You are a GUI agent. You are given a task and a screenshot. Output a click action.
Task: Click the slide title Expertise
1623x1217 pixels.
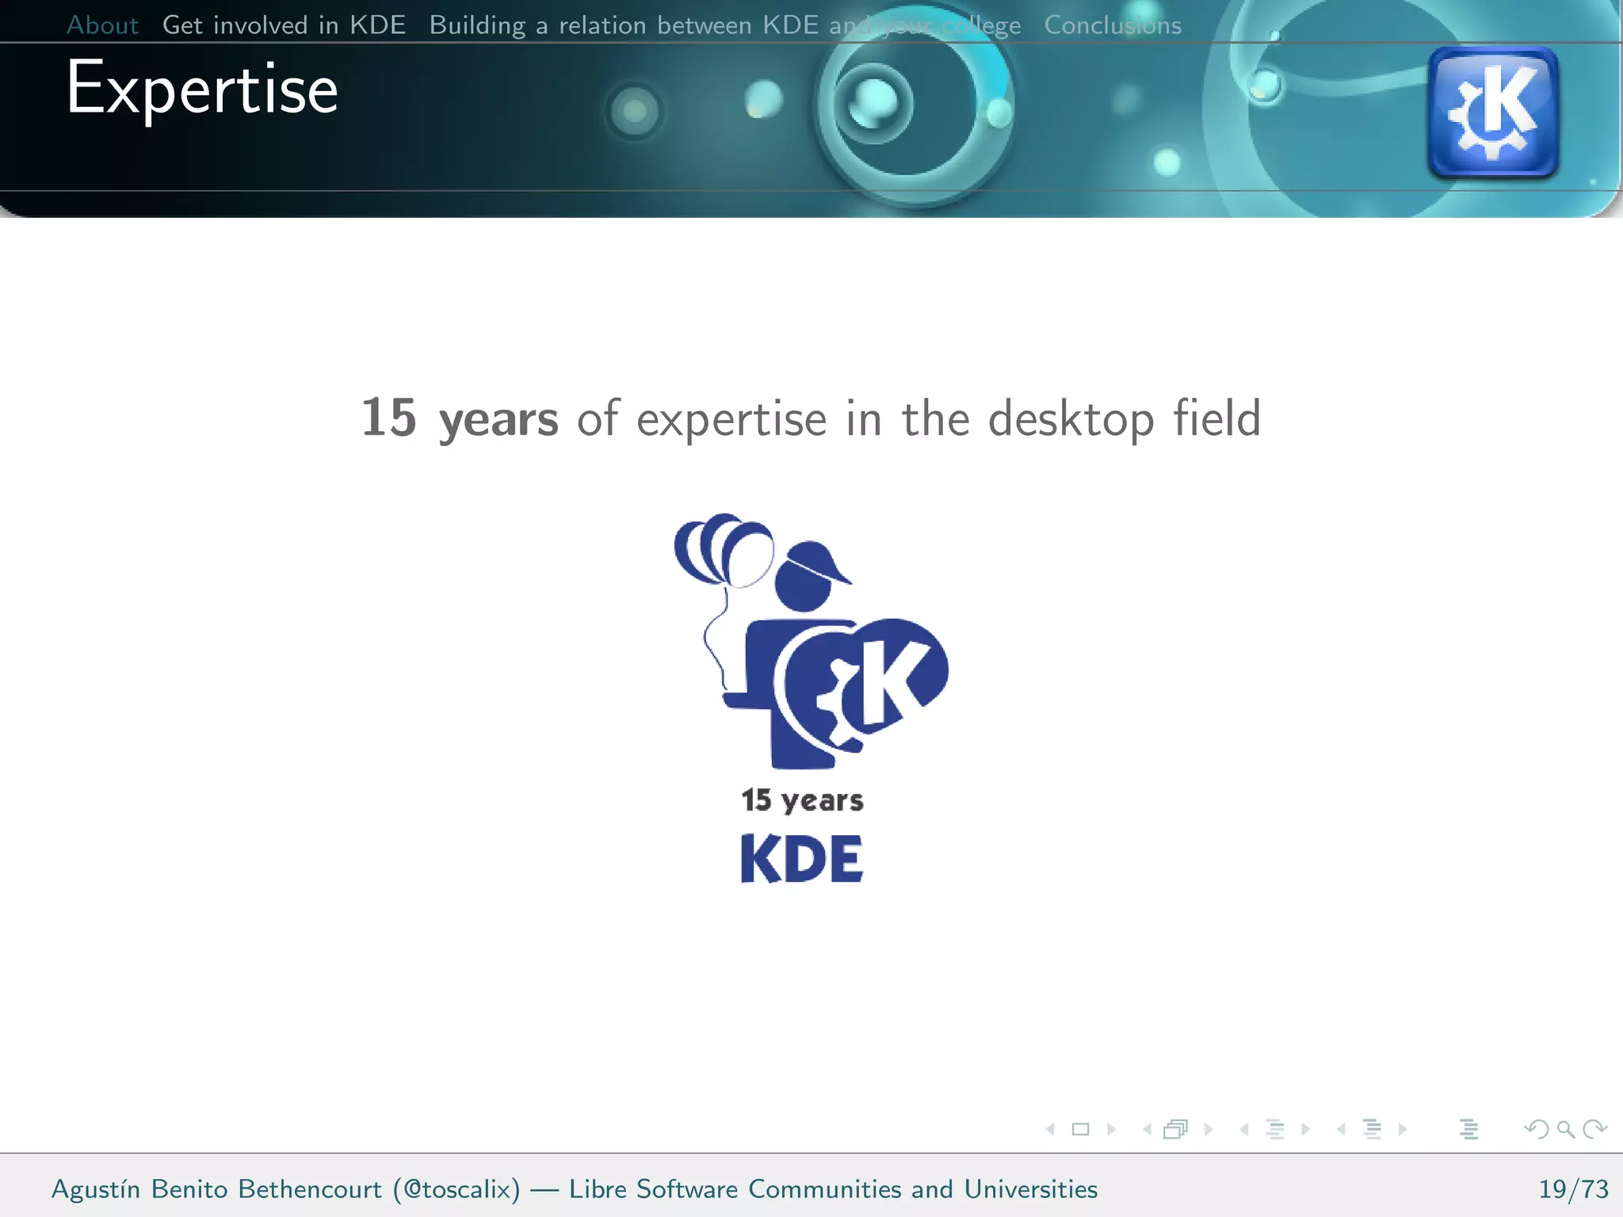202,90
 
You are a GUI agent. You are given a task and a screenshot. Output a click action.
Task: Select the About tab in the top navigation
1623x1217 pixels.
102,25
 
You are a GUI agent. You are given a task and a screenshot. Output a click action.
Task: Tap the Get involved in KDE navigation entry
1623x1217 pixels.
284,25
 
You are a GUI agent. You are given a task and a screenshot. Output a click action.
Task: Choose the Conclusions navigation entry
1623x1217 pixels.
1112,25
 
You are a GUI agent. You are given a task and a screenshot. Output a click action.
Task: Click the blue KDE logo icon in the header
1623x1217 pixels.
1492,112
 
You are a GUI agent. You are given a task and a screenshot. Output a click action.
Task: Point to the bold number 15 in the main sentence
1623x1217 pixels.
388,418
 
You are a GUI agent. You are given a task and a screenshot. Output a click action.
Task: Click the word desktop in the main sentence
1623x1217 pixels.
1071,419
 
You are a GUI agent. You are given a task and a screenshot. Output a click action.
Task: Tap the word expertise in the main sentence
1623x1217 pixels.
731,421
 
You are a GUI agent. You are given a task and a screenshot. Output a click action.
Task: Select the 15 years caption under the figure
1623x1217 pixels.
802,800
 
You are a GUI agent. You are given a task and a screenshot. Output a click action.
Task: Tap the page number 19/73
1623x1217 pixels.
1573,1189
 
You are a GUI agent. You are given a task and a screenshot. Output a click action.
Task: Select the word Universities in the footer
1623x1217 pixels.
1030,1189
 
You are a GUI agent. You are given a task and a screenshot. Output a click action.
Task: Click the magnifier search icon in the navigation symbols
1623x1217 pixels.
1565,1129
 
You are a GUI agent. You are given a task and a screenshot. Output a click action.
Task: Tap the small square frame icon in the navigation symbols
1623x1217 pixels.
1080,1129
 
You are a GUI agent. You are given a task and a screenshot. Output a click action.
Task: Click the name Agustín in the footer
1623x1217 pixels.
96,1189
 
